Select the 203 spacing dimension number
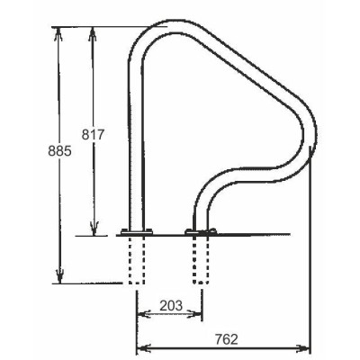168,304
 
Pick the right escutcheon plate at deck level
199,234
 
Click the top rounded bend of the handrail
157,36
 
